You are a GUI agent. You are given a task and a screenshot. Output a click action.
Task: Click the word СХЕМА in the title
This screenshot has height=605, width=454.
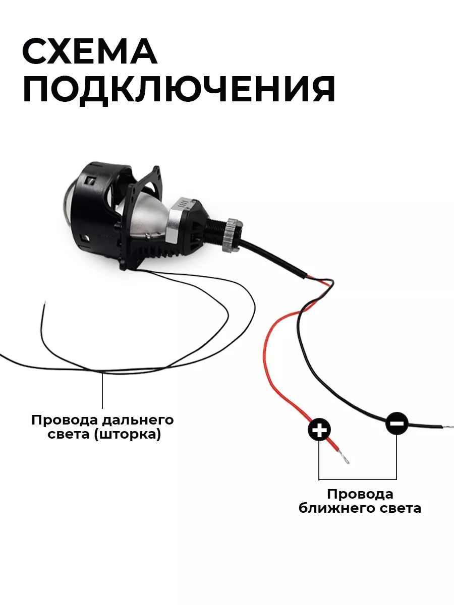pos(90,51)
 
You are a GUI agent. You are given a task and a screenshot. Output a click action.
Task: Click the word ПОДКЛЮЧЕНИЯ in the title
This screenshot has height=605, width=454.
pos(179,89)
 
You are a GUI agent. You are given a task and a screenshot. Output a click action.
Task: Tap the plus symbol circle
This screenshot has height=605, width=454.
pos(319,430)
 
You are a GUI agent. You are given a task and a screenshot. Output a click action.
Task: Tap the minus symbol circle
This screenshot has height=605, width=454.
pos(396,423)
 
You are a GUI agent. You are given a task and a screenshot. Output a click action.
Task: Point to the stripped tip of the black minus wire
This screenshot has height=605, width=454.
pos(448,427)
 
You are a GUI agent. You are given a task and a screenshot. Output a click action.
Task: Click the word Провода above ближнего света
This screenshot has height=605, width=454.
pos(360,494)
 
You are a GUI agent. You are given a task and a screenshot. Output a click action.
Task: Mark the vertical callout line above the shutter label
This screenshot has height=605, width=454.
pos(102,390)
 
